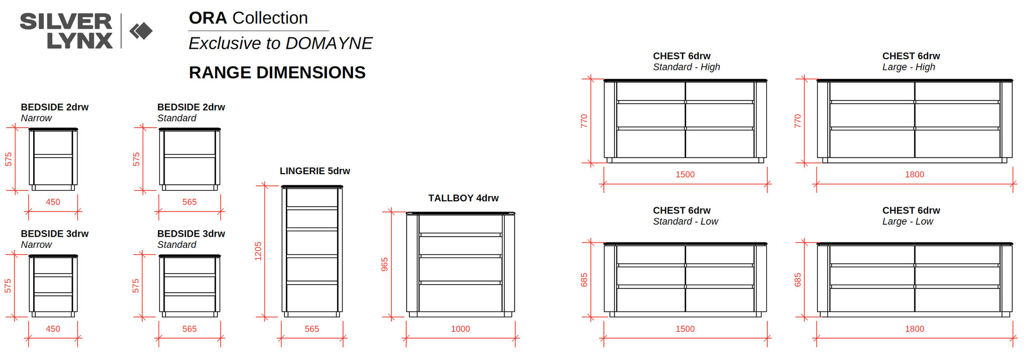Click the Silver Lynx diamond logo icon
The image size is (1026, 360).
(141, 31)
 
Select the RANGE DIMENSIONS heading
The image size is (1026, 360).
(277, 73)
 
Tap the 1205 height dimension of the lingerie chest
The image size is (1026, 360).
(258, 251)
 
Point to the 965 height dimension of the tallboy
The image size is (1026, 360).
(385, 264)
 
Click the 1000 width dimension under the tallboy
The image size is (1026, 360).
(460, 329)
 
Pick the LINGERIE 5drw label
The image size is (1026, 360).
(315, 171)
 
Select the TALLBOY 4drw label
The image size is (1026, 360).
(463, 198)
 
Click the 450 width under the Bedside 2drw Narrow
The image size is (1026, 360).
(53, 202)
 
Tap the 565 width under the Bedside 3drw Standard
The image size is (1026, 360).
(190, 329)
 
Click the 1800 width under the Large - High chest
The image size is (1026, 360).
(914, 175)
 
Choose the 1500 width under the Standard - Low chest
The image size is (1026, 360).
(685, 329)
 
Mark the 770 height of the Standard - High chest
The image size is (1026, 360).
(584, 121)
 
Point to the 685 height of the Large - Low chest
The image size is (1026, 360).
(797, 280)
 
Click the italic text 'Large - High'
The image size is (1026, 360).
(908, 67)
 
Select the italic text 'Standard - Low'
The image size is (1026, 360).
(686, 222)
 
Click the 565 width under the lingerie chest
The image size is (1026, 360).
(312, 329)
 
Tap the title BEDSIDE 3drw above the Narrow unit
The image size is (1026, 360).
(55, 234)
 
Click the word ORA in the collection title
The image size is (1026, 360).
(208, 18)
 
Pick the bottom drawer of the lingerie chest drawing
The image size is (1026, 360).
(312, 298)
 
